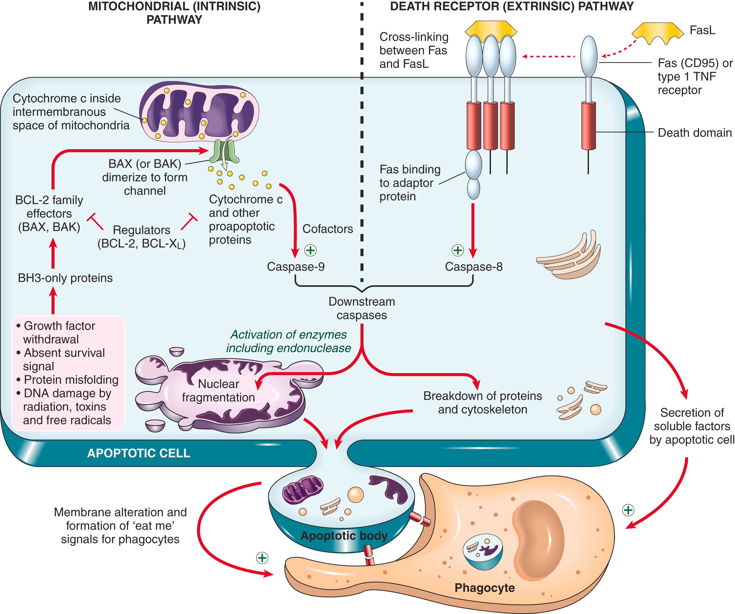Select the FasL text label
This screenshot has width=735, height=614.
(702, 30)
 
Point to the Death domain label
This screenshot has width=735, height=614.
(695, 133)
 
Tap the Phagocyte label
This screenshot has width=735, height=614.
(484, 587)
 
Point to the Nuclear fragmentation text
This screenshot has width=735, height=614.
(218, 390)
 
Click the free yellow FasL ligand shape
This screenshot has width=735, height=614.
(657, 32)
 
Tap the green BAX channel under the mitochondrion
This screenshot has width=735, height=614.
(224, 151)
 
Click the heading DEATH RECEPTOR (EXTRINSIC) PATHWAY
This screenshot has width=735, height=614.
(512, 6)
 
